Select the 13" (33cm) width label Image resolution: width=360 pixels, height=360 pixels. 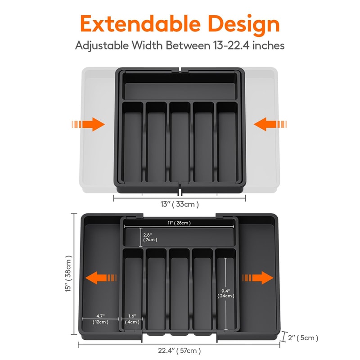point(179,204)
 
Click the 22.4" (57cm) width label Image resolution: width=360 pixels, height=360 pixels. point(179,351)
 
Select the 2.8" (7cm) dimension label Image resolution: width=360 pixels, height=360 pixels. point(149,238)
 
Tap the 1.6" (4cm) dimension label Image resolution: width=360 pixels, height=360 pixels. point(132,319)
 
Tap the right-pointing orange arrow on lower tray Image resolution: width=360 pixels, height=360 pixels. point(256,277)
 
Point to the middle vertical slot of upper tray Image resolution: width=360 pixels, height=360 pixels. point(180,144)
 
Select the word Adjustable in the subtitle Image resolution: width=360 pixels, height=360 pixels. point(100,45)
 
